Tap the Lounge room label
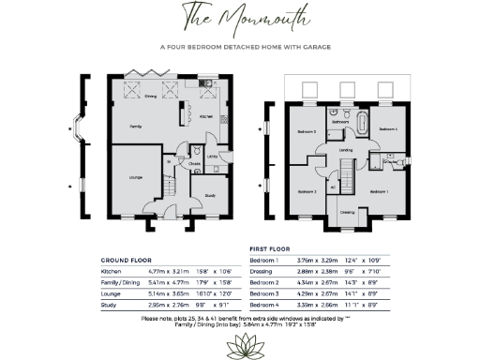point(136,175)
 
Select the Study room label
point(210,196)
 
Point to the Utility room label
point(214,157)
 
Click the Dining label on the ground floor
point(150,96)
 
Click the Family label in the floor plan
point(136,125)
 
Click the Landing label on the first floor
point(346,149)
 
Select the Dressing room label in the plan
point(347,211)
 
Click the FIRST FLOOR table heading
point(269,250)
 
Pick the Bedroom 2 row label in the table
point(264,281)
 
